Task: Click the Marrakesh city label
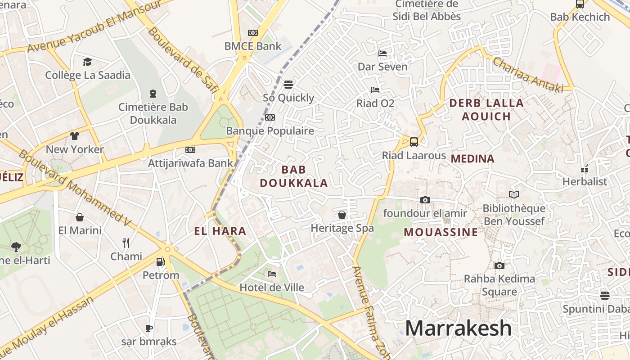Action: [x=458, y=328]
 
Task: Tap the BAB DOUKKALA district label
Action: [x=294, y=176]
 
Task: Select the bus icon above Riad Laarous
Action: [x=414, y=142]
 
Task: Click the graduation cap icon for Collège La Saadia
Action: [x=87, y=62]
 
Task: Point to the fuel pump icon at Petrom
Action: [x=160, y=262]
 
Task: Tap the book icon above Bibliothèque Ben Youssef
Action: [x=514, y=195]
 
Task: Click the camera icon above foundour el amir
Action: [x=425, y=200]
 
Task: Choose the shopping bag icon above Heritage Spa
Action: [x=342, y=215]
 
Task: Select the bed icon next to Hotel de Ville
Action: [x=272, y=274]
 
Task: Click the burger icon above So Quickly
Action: [x=288, y=84]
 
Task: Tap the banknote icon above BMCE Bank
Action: [x=253, y=33]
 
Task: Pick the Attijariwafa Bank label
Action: [x=191, y=163]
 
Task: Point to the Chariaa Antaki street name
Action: [x=528, y=75]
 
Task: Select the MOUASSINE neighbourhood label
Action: [x=441, y=232]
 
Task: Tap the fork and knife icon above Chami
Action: [x=126, y=243]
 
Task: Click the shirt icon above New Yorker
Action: [x=75, y=136]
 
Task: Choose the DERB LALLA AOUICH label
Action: [x=486, y=109]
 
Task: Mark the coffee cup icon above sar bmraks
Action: [x=149, y=328]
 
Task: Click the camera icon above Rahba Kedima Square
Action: [x=499, y=266]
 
